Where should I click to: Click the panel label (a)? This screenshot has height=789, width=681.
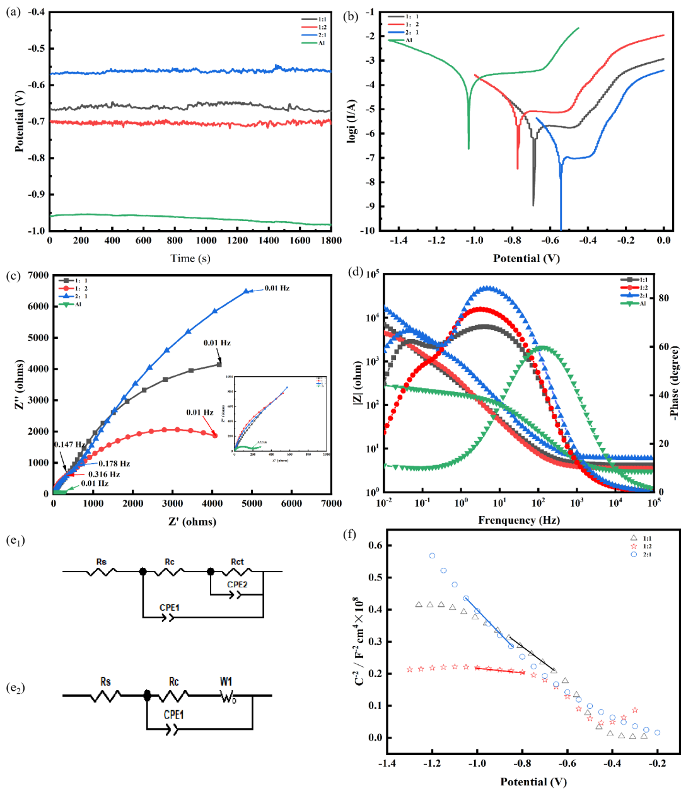pyautogui.click(x=13, y=12)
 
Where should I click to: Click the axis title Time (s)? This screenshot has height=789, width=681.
pyautogui.click(x=190, y=258)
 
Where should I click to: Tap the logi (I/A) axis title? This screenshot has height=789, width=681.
pyautogui.click(x=352, y=120)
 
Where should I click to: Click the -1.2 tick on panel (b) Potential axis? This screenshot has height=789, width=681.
pyautogui.click(x=436, y=240)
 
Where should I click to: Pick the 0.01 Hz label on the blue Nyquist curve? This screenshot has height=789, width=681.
pyautogui.click(x=277, y=288)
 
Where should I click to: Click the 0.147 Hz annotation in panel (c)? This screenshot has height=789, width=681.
pyautogui.click(x=69, y=444)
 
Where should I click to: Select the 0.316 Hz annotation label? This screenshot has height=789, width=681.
pyautogui.click(x=104, y=474)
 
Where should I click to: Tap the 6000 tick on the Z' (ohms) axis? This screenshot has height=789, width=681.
pyautogui.click(x=292, y=504)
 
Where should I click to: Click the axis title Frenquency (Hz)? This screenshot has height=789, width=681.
pyautogui.click(x=519, y=520)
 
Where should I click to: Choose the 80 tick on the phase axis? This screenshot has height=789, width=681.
pyautogui.click(x=664, y=298)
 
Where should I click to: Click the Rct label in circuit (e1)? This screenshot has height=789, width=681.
pyautogui.click(x=237, y=562)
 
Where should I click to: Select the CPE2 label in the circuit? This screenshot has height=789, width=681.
pyautogui.click(x=237, y=584)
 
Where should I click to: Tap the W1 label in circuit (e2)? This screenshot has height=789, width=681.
pyautogui.click(x=226, y=681)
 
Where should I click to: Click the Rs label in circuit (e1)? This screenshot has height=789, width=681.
pyautogui.click(x=102, y=562)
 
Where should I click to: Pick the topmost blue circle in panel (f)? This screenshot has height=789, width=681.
pyautogui.click(x=432, y=556)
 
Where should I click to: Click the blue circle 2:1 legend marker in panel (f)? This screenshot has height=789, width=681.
pyautogui.click(x=634, y=554)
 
